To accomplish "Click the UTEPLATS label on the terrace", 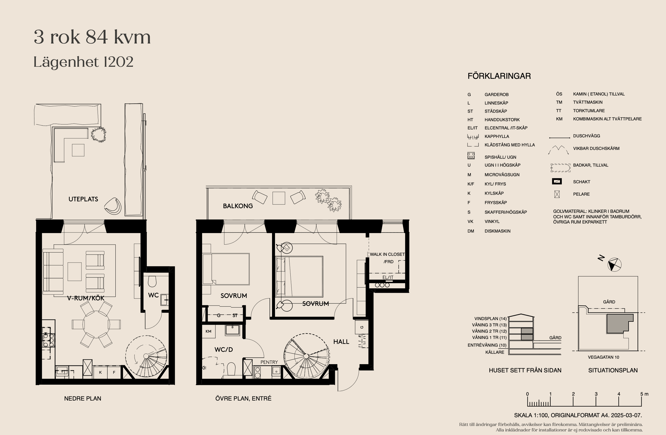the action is click(83, 199).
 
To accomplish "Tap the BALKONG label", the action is click(238, 206).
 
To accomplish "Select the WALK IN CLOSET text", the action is click(387, 254).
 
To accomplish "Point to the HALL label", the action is click(341, 342).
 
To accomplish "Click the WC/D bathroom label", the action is click(224, 350).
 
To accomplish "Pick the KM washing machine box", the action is click(209, 331).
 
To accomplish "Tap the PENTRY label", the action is click(269, 362).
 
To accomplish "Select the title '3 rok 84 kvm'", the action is click(92, 37).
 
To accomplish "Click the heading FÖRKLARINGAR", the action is click(499, 76).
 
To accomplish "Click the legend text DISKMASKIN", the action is click(498, 231).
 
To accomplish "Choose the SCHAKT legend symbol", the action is click(557, 181).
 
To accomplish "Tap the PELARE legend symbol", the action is click(557, 194).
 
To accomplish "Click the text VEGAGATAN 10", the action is click(603, 357).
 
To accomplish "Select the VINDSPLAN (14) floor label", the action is click(490, 318).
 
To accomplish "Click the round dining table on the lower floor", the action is click(96, 324).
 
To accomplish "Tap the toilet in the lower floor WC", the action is click(152, 281).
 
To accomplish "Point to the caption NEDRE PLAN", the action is click(83, 399).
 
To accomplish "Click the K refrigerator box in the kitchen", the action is click(100, 372).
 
